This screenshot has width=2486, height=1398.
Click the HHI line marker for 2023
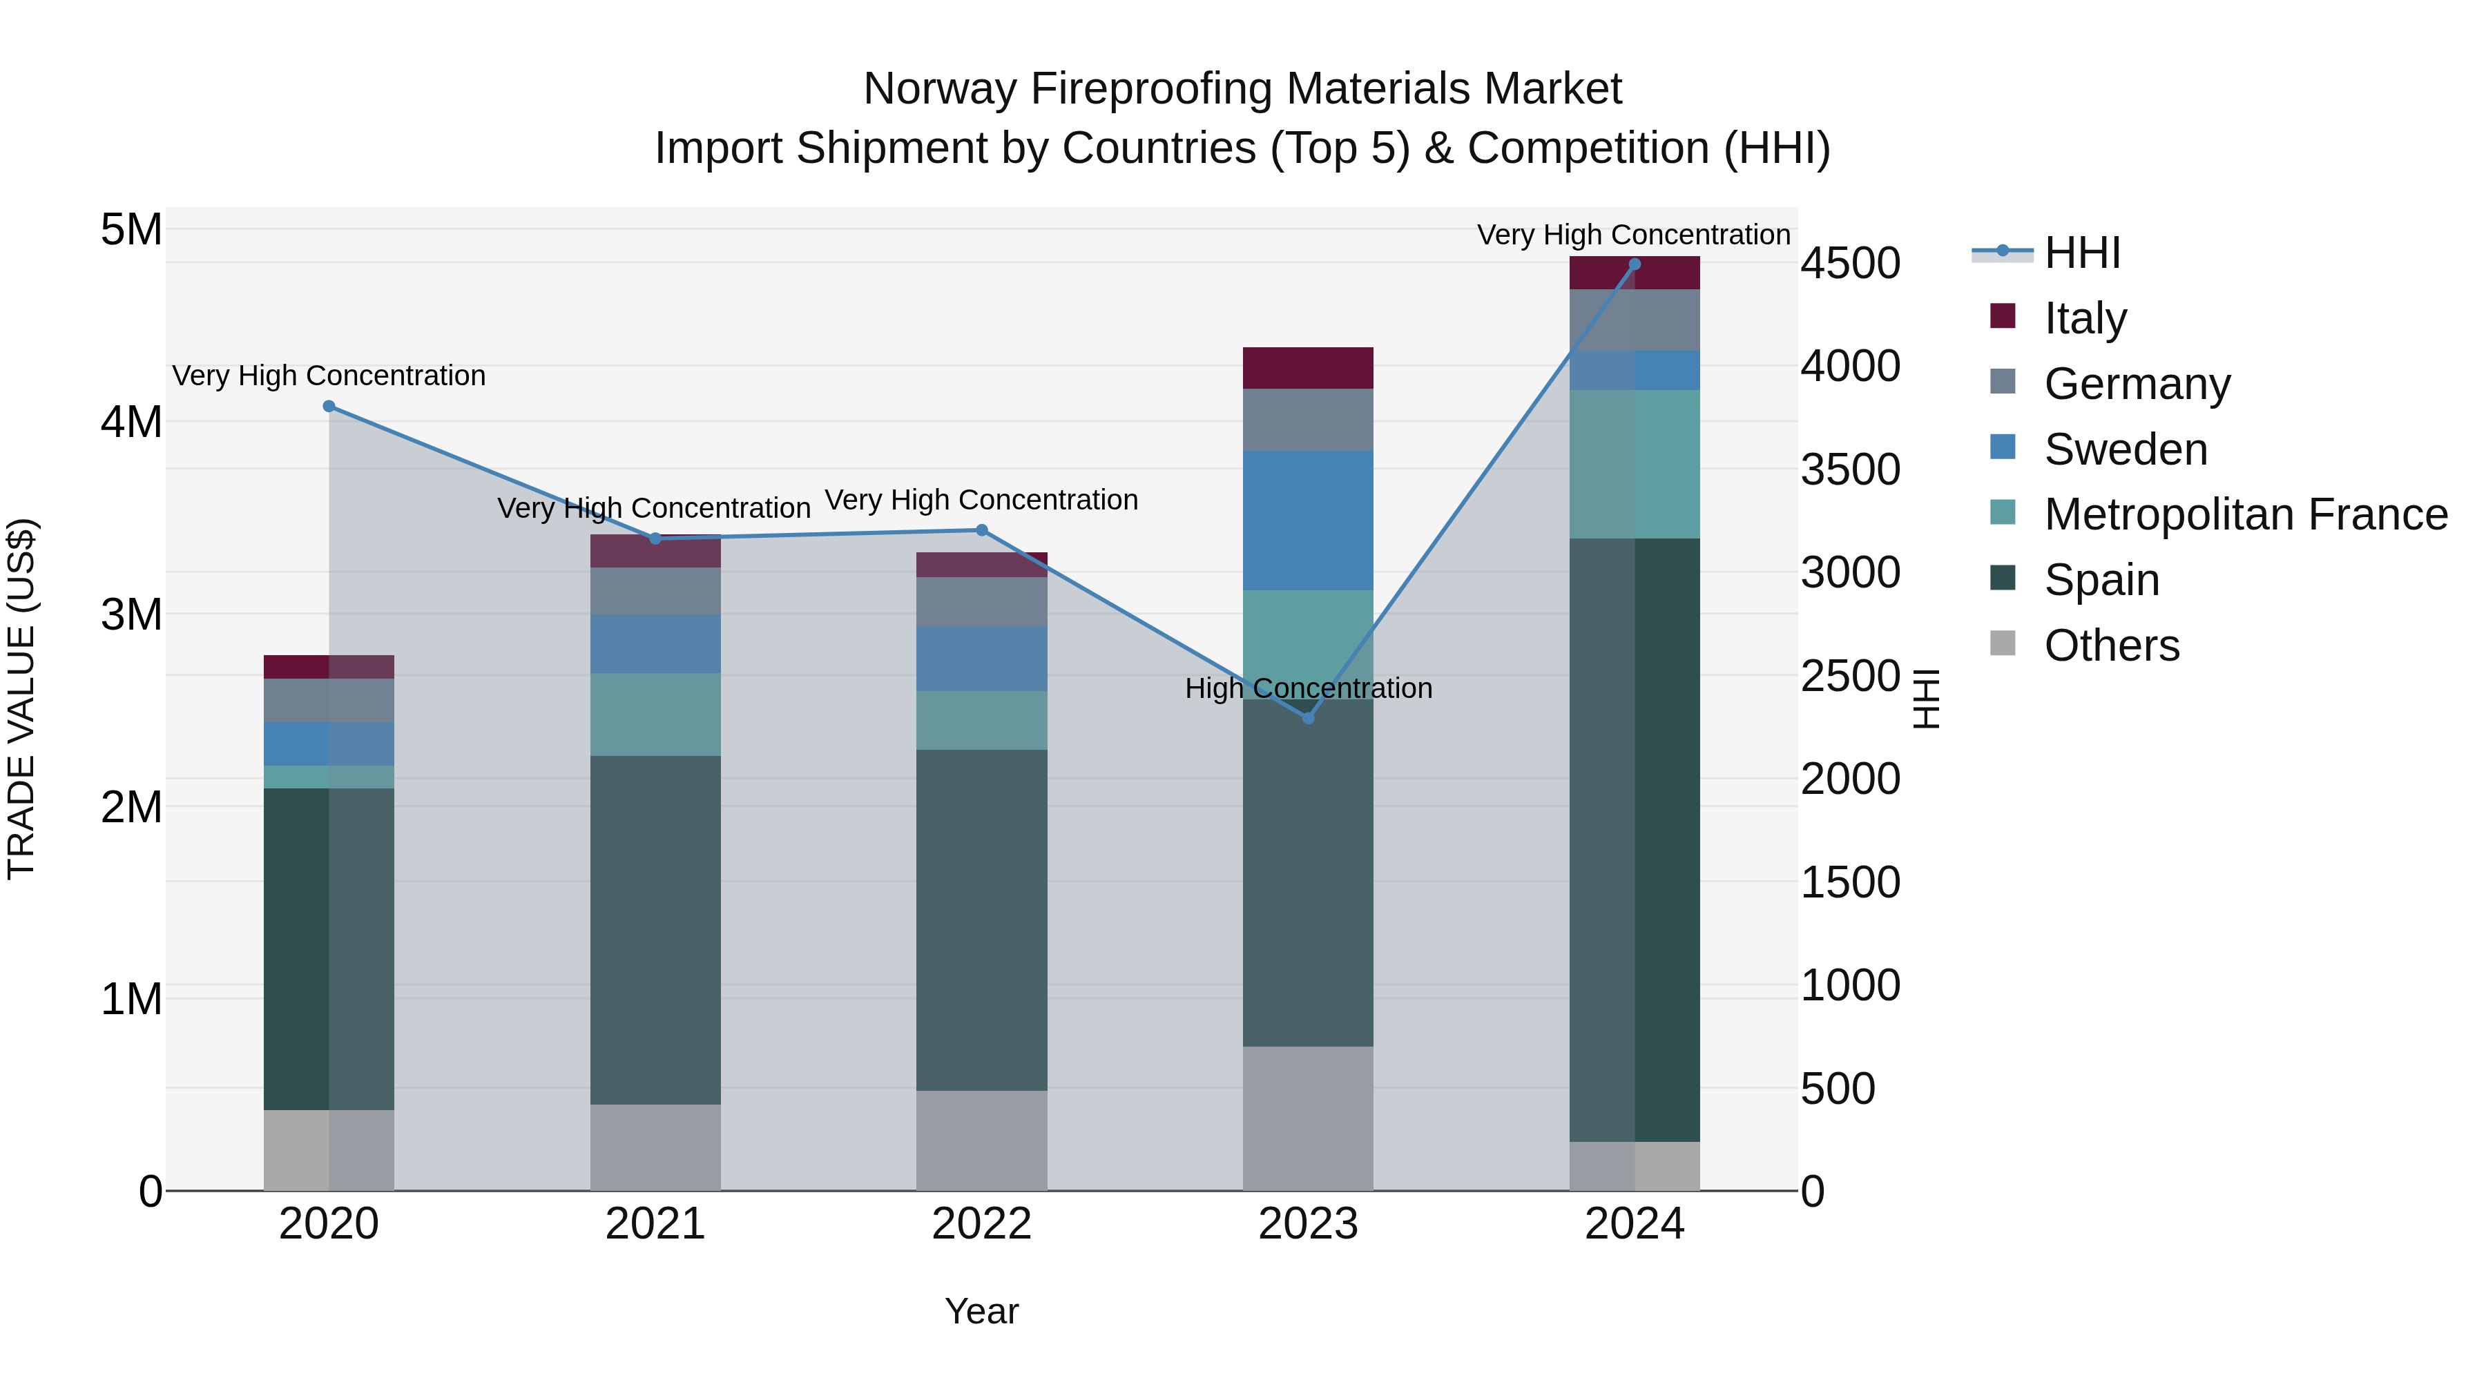click(1308, 718)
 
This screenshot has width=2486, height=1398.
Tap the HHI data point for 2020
click(329, 406)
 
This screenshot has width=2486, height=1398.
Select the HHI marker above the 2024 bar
click(1634, 264)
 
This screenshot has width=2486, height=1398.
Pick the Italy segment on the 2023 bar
click(1308, 367)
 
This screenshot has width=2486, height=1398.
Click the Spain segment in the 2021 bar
click(655, 929)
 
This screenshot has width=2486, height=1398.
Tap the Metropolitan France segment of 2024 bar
click(1634, 464)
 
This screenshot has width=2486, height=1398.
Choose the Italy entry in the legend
click(2085, 318)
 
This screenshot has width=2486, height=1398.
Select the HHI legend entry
click(2081, 253)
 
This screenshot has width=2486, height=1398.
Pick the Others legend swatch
click(2003, 643)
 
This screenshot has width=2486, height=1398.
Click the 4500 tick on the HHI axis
click(1850, 264)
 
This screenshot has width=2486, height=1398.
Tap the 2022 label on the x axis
click(981, 1224)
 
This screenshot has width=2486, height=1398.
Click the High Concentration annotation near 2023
click(1308, 688)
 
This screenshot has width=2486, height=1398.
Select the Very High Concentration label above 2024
click(1633, 235)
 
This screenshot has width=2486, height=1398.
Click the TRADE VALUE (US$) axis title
click(21, 699)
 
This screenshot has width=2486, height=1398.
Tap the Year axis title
click(981, 1311)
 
